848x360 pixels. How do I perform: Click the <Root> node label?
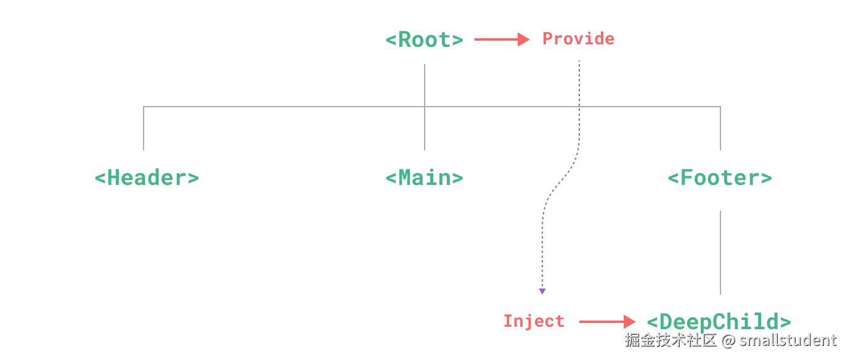click(424, 40)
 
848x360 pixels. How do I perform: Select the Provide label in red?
click(578, 39)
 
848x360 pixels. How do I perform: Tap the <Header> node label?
click(147, 178)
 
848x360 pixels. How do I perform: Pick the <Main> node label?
click(424, 178)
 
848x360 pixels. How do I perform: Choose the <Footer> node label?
click(720, 178)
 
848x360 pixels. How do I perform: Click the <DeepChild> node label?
click(719, 321)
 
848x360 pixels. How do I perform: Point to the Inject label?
click(534, 321)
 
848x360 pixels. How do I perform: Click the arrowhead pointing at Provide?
click(524, 39)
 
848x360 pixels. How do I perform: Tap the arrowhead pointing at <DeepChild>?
click(629, 321)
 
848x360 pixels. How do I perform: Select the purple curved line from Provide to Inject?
click(558, 182)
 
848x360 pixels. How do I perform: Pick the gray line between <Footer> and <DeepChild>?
click(722, 252)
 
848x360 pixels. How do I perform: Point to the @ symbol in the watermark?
click(728, 340)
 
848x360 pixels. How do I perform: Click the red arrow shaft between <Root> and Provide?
click(496, 39)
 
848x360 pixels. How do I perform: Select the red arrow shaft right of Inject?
click(601, 321)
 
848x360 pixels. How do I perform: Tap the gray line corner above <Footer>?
click(722, 107)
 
